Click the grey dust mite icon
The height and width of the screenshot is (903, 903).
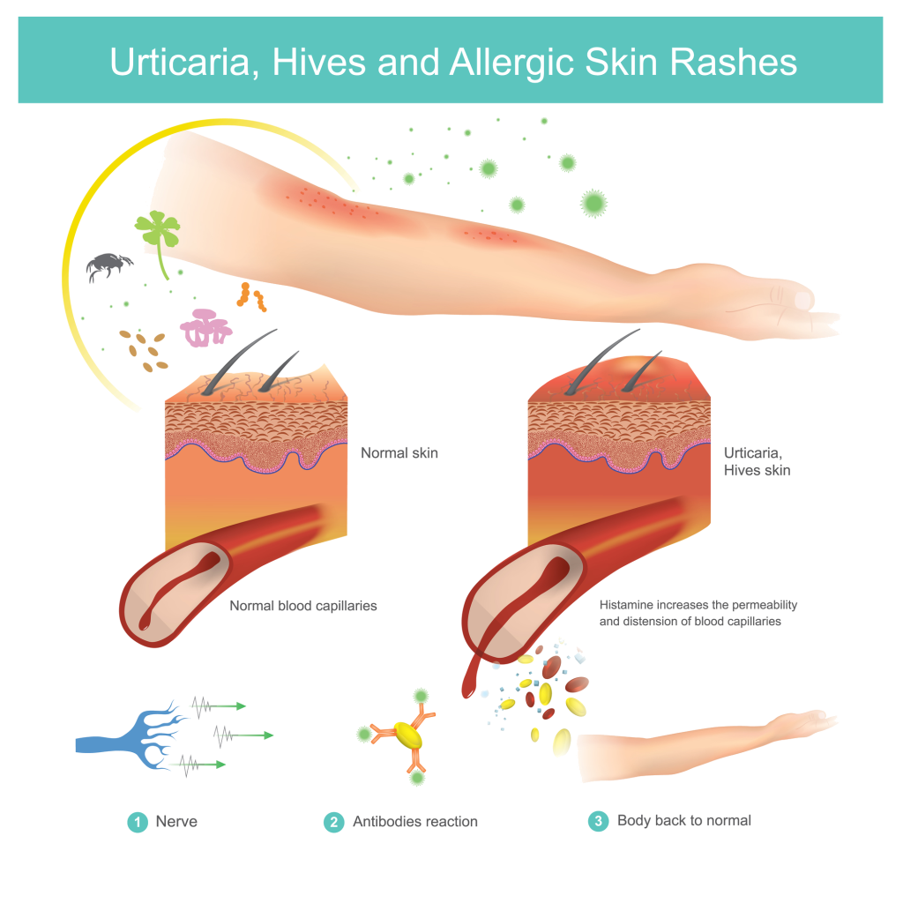coord(109,266)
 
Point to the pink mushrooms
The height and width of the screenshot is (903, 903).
coord(205,328)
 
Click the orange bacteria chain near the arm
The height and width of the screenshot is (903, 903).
coord(251,296)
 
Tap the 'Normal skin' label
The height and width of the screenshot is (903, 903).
coord(399,453)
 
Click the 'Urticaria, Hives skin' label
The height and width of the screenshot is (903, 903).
coord(757,461)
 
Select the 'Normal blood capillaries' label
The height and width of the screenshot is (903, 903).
coord(303,606)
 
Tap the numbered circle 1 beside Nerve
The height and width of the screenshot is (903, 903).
coord(138,822)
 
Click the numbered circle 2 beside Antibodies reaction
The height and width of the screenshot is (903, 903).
coord(334,822)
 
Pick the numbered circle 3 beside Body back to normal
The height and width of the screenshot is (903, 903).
coord(599,821)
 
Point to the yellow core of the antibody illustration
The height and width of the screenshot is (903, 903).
coord(407,735)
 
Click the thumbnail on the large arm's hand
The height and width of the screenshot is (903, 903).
coord(804,300)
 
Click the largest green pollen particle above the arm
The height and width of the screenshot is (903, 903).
coord(593,203)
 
